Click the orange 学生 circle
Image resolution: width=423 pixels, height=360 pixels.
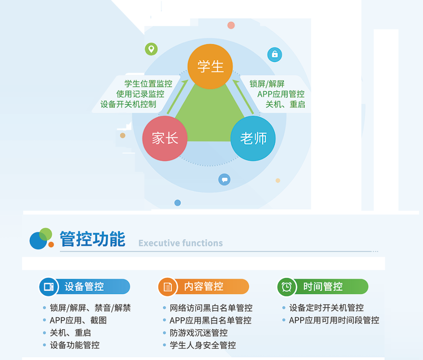(x=210, y=66)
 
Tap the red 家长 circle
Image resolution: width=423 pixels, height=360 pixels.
(x=165, y=138)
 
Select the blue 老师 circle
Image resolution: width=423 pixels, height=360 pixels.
(x=253, y=138)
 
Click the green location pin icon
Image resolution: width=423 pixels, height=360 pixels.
(x=152, y=49)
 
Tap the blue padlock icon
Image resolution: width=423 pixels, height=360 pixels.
(x=275, y=55)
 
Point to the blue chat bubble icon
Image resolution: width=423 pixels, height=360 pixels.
(x=225, y=179)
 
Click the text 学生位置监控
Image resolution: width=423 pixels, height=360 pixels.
(x=148, y=84)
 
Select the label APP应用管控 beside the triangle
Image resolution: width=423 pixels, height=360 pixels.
(x=281, y=94)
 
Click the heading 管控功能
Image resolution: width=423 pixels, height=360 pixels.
(x=92, y=239)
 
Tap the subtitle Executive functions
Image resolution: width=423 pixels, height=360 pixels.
(x=181, y=243)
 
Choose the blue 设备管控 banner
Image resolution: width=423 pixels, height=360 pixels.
(x=85, y=287)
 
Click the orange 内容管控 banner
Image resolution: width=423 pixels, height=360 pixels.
(x=203, y=287)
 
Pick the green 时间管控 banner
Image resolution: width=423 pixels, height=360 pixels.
(x=323, y=287)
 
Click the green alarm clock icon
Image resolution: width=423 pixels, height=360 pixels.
(x=287, y=287)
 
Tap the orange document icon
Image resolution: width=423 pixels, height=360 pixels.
(x=167, y=287)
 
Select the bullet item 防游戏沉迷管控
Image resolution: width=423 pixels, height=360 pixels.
(x=198, y=333)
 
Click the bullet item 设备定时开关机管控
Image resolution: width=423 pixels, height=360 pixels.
(x=326, y=308)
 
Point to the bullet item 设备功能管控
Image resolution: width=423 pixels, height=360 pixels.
(x=75, y=345)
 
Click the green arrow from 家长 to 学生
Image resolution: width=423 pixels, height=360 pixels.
(x=177, y=97)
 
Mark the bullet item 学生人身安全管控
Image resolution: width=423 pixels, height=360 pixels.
(x=203, y=345)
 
